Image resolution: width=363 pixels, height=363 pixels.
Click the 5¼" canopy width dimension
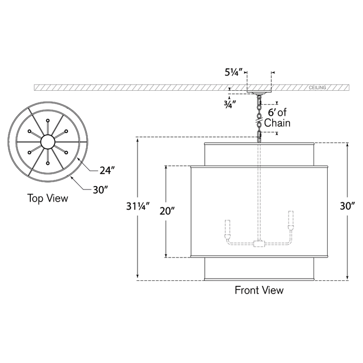[233, 72]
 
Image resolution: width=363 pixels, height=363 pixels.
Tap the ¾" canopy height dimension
[230, 105]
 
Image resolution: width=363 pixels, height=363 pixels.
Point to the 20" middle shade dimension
[167, 211]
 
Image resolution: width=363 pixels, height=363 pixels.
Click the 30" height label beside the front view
[347, 206]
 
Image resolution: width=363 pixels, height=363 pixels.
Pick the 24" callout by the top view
[107, 171]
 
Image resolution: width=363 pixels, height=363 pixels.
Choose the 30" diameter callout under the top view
[100, 190]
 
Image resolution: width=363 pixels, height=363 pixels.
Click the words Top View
[48, 199]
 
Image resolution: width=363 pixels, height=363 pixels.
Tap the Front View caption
[259, 290]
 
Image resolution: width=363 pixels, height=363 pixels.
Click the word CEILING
[318, 88]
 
